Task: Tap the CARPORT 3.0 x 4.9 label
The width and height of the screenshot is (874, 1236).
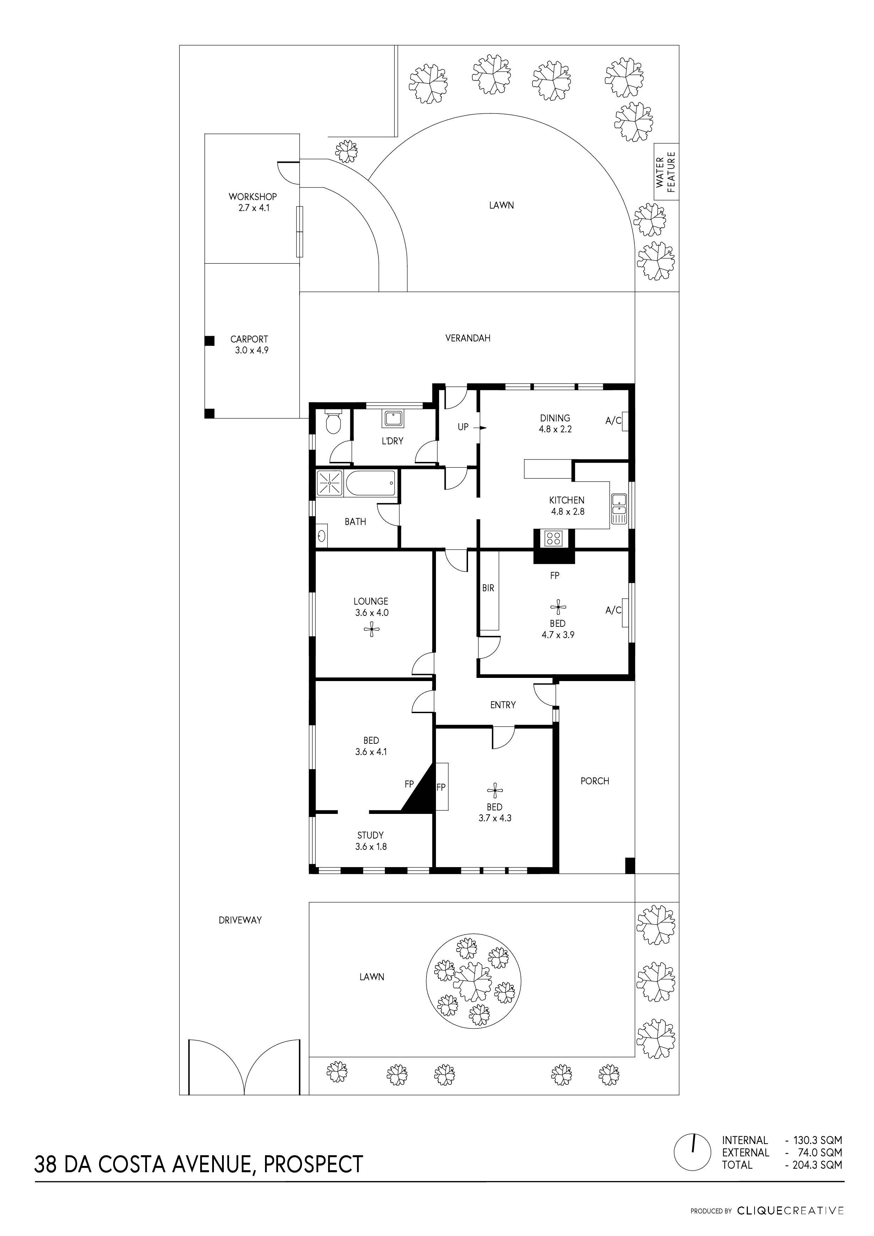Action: [249, 345]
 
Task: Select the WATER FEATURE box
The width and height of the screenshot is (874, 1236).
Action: [666, 172]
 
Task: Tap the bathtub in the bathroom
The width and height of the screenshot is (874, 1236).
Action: [371, 483]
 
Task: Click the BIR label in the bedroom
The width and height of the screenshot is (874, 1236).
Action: [488, 588]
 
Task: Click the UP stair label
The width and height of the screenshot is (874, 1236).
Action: [463, 427]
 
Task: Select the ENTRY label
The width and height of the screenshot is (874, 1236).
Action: [503, 705]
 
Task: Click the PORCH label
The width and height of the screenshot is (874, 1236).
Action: [595, 781]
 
